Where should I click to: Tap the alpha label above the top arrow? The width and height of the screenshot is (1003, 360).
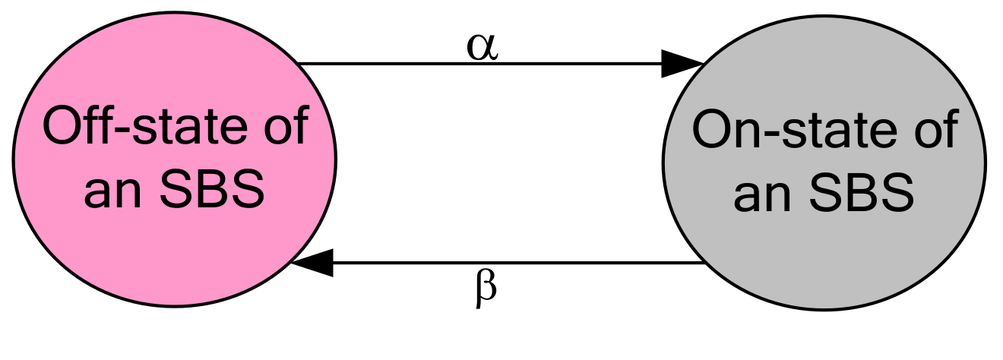tap(482, 47)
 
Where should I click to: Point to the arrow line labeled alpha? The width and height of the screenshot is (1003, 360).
tap(479, 64)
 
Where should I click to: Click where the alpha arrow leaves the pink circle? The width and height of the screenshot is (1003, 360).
tap(298, 64)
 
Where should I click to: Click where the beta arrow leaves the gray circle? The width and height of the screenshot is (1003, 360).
tap(702, 264)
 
